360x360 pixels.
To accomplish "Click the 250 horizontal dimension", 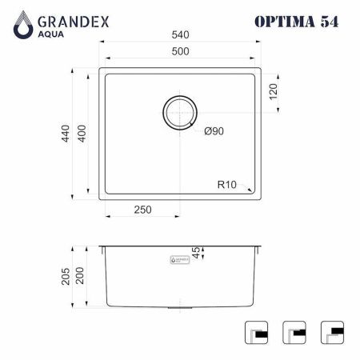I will coord(142,210).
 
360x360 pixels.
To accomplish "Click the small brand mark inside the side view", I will coord(182,260).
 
